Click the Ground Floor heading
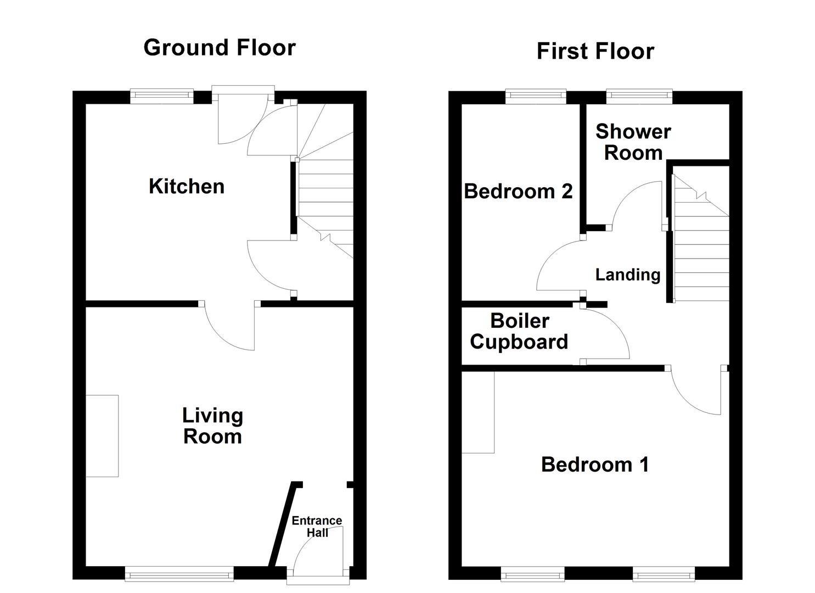coord(220,48)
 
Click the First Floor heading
coord(595,51)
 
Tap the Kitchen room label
coord(187,187)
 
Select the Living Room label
coord(212,426)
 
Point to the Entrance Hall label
coord(317,526)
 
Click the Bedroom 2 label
coord(518,192)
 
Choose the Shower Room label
coord(633,142)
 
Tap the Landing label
coord(627,275)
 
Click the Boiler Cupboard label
coord(519,331)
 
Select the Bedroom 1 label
coord(595,465)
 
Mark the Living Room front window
coord(179,575)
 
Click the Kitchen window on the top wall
coord(162,97)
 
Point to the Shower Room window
coord(639,97)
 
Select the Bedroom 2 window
coord(536,97)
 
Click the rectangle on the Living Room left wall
coord(102,436)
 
